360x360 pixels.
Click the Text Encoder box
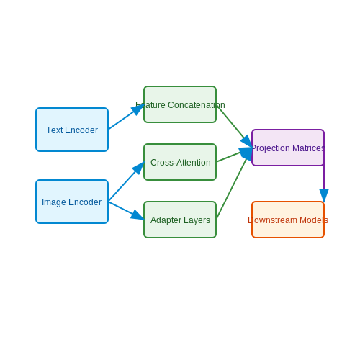[72, 130]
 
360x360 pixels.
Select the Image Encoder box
[72, 202]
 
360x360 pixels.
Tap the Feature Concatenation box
[180, 104]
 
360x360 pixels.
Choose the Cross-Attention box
[180, 162]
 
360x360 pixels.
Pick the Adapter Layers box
[180, 220]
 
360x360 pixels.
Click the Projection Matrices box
[288, 148]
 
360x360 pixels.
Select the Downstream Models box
[288, 220]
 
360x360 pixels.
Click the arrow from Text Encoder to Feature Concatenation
[126, 117]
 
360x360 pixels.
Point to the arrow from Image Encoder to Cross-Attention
[126, 181]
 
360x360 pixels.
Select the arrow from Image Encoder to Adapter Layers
[126, 210]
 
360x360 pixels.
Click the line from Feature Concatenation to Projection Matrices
[234, 126]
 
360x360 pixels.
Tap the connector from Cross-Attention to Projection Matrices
[234, 155]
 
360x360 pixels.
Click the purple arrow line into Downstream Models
[324, 183]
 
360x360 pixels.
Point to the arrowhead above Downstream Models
[324, 195]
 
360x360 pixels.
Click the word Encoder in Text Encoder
[81, 130]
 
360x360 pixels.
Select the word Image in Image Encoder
[54, 202]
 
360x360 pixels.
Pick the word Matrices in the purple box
[309, 148]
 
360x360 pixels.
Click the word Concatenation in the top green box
[197, 105]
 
